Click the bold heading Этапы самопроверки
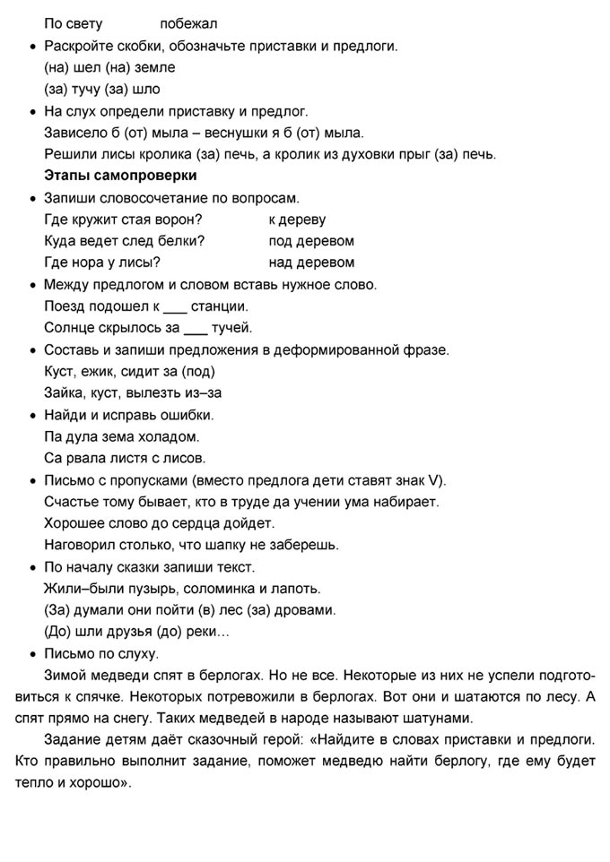click(120, 176)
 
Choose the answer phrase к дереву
click(297, 220)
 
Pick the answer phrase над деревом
click(311, 263)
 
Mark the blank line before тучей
click(195, 328)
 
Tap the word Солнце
click(70, 328)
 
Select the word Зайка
click(65, 393)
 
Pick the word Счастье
click(74, 503)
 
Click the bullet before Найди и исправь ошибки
click(33, 416)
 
